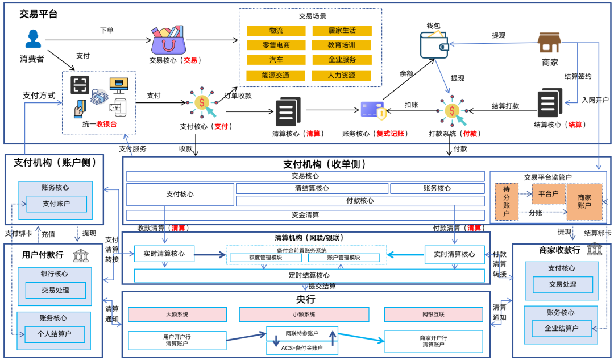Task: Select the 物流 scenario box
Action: tap(276, 31)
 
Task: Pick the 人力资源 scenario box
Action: tap(342, 75)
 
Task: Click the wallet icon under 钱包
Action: tap(434, 45)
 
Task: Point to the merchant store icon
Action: tap(550, 43)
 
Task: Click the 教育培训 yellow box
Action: tap(342, 45)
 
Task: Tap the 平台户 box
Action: tap(548, 193)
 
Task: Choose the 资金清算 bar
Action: tap(305, 215)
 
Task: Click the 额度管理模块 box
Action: tap(265, 258)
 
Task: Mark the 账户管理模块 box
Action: tap(343, 258)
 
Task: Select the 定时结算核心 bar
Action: tap(309, 275)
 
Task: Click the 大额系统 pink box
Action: tap(177, 315)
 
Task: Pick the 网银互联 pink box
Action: tap(433, 315)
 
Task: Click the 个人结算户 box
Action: tap(54, 334)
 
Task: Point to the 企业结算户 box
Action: tap(562, 329)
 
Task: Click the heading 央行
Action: tap(305, 299)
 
